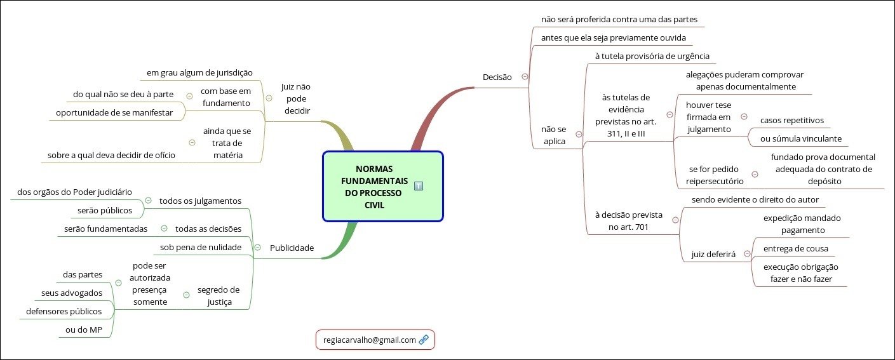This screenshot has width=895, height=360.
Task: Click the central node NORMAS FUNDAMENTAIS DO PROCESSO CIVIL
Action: point(374,187)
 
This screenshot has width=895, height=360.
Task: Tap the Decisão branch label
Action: point(497,77)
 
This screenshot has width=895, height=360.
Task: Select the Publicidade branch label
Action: point(292,248)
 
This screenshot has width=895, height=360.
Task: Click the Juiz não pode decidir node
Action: point(295,98)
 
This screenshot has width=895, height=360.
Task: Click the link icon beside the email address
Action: point(424,340)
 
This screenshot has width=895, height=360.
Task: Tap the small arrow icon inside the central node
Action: point(419,185)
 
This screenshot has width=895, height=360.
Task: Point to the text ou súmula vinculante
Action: point(800,138)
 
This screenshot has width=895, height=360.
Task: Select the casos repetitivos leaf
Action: point(791,120)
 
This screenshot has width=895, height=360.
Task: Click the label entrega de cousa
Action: point(800,248)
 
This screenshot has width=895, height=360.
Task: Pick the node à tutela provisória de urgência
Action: point(652,56)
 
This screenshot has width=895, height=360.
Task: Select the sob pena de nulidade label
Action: point(201,246)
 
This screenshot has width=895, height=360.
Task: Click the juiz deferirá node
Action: point(713,255)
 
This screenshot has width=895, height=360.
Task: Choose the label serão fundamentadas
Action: point(106,228)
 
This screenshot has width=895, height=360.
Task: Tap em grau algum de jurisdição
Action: point(199,72)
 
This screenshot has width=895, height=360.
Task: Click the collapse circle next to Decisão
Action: point(525,76)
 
